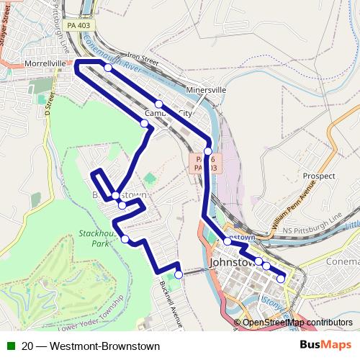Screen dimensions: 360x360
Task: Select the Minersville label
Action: [x=205, y=91]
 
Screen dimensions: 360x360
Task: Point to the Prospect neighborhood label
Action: [x=319, y=176]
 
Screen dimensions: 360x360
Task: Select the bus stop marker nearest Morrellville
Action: [x=108, y=67]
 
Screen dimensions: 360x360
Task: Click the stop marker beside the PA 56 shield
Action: [x=207, y=151]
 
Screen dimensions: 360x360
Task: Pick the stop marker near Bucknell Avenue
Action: [x=179, y=274]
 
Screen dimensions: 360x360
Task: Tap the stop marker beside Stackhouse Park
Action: [x=125, y=239]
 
